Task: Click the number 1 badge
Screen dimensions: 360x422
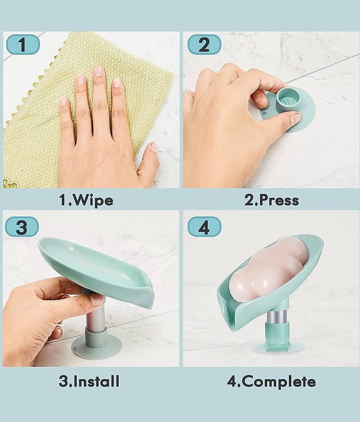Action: pos(23,44)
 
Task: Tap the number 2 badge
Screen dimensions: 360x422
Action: pos(205,44)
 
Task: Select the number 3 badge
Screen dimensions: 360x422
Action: pos(22,227)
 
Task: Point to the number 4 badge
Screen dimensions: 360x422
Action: pos(205,227)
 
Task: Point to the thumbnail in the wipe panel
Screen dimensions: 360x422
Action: pos(154,148)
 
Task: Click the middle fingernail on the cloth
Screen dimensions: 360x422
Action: pos(99,71)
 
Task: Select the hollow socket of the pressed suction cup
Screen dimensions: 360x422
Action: pos(287,98)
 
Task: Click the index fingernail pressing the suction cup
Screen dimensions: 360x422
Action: pos(295,118)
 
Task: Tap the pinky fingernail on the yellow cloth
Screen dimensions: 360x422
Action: pos(64,101)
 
